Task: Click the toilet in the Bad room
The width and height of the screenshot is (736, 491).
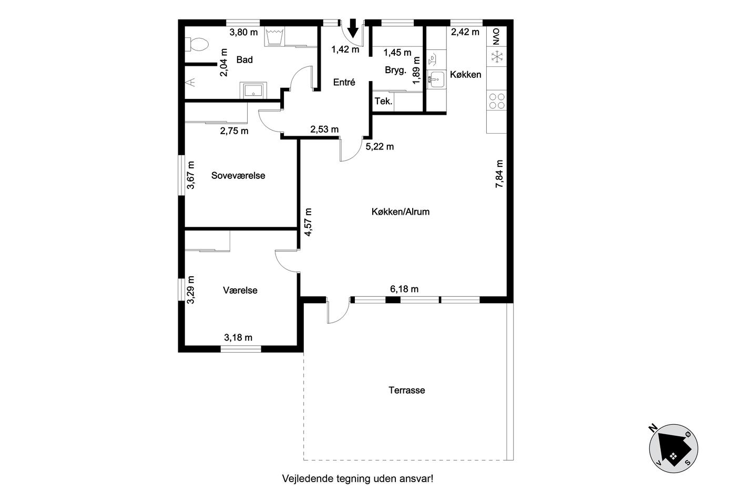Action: click(197, 44)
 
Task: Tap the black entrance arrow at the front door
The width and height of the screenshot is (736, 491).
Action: click(353, 28)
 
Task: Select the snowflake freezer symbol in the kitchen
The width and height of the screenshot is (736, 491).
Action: click(497, 56)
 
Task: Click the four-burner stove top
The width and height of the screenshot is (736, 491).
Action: click(496, 101)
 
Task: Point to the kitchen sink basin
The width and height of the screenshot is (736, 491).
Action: click(437, 79)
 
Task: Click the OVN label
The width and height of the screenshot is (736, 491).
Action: click(496, 37)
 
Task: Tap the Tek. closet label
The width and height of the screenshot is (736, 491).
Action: click(383, 101)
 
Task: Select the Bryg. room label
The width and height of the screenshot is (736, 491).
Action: click(395, 71)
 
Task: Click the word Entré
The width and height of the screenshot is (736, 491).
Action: click(344, 82)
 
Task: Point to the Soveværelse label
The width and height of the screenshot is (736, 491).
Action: click(238, 176)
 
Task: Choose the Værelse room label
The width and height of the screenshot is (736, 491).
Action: click(240, 290)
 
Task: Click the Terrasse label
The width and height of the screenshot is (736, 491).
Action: click(407, 390)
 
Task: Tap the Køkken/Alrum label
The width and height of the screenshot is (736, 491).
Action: click(401, 212)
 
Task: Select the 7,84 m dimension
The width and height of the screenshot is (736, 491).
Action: click(499, 174)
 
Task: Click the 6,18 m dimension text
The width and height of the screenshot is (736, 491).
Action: click(404, 289)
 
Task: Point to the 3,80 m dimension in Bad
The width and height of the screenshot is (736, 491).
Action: click(243, 32)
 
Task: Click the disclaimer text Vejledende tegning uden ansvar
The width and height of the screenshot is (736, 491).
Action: click(357, 478)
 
